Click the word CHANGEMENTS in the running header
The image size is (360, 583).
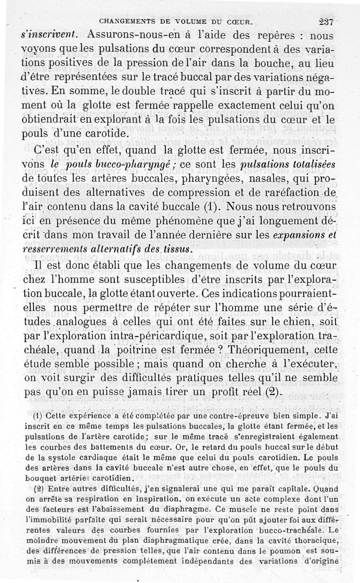(127, 21)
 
